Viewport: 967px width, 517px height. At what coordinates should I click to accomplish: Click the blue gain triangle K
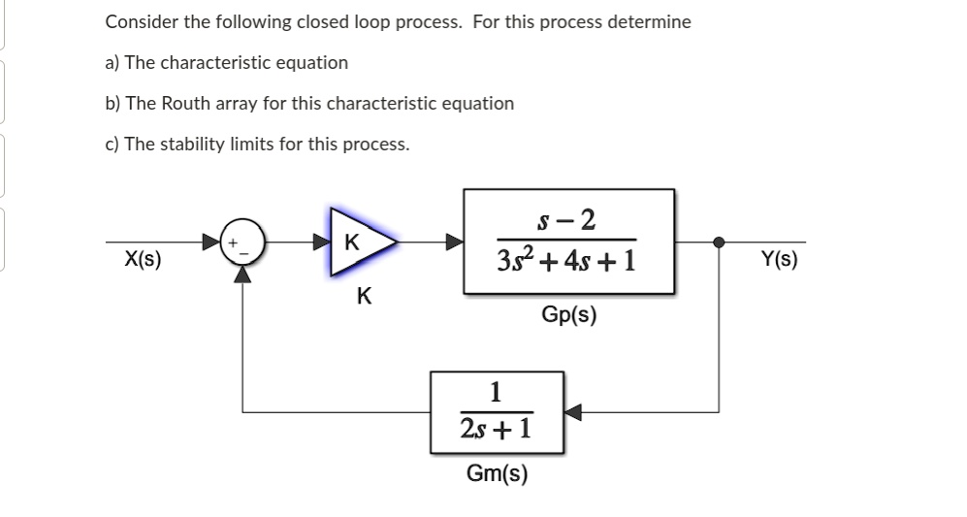(x=360, y=242)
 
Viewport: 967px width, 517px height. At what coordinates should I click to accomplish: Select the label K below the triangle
(x=363, y=296)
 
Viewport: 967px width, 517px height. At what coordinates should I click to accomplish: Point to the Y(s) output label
(x=779, y=259)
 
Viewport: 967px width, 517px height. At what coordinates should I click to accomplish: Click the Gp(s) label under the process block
(x=569, y=315)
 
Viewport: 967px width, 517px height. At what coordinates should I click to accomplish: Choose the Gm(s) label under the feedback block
(x=497, y=473)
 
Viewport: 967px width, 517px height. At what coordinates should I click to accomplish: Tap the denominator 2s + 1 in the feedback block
(x=497, y=428)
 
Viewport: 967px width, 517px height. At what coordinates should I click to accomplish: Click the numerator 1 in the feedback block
(x=497, y=393)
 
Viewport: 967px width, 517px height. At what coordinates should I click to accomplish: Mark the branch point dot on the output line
(x=719, y=242)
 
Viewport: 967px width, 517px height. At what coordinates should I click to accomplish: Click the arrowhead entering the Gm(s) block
(x=573, y=412)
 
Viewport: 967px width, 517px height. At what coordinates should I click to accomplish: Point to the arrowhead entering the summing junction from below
(x=242, y=275)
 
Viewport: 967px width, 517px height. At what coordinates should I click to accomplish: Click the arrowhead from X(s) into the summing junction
(x=211, y=242)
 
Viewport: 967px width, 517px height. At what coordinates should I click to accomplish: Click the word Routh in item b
(x=183, y=103)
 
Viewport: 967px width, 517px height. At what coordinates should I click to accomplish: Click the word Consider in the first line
(x=140, y=21)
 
